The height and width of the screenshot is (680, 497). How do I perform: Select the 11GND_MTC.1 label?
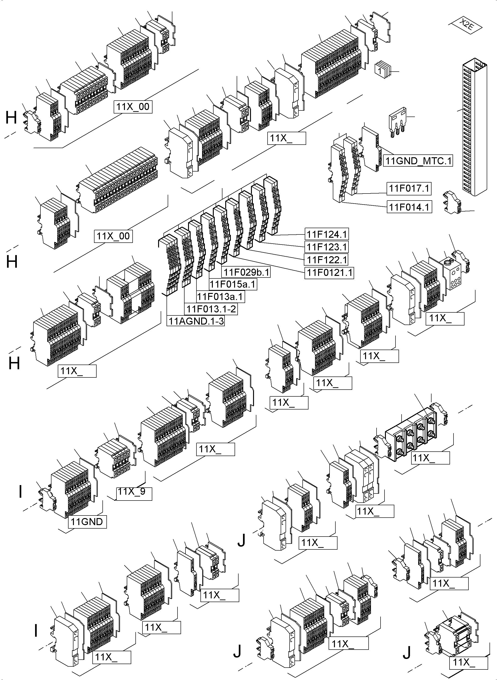coord(418,161)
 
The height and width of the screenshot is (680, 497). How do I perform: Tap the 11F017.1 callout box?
coord(409,189)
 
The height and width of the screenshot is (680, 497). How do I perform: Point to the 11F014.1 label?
coord(409,207)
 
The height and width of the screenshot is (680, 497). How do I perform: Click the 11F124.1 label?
coord(326,234)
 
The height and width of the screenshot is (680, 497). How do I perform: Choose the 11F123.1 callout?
coord(326,247)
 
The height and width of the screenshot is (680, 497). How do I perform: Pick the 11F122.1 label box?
coord(326,260)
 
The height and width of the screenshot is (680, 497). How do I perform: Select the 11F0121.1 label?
coord(329,273)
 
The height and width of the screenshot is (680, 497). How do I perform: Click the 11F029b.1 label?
coord(246,272)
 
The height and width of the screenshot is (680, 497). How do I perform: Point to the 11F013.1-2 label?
coord(211,309)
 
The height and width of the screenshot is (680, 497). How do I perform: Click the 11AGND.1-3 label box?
coord(196,321)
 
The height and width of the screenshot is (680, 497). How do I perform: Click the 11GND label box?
coord(87,522)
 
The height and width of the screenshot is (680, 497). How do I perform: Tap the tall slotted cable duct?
coord(474,126)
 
